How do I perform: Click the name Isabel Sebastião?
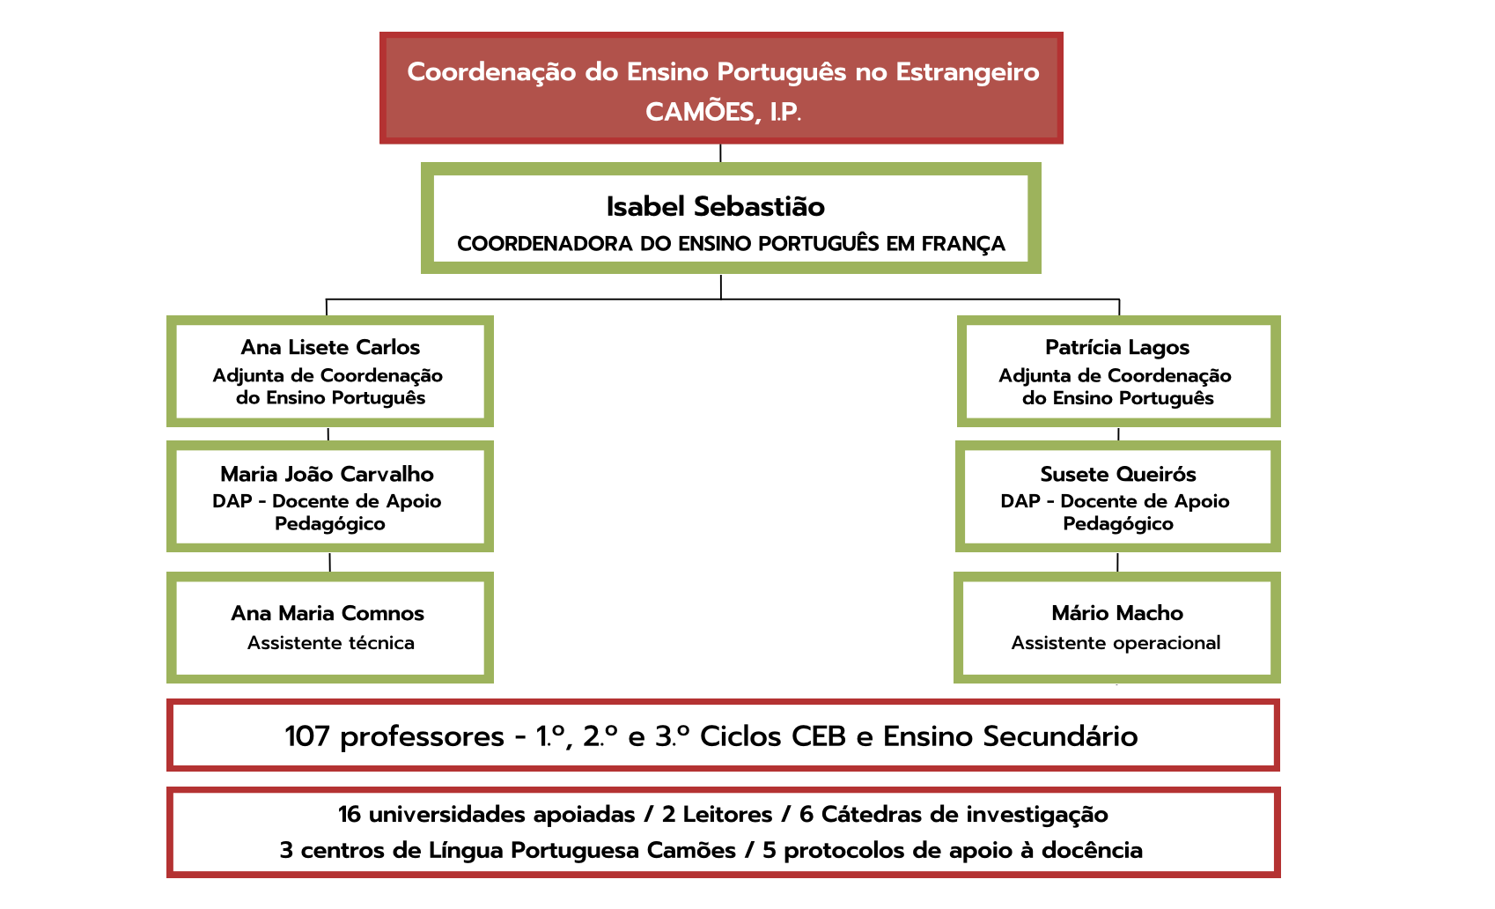tap(716, 206)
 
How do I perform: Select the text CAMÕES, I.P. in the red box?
tap(723, 112)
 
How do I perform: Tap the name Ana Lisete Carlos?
tap(330, 347)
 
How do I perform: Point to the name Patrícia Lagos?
tap(1117, 347)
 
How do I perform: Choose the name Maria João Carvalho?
tap(327, 474)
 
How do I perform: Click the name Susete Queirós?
tap(1118, 474)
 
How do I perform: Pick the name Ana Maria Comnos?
tap(328, 613)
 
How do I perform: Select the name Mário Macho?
tap(1117, 613)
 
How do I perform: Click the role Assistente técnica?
tap(331, 642)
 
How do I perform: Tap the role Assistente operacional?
tap(1116, 642)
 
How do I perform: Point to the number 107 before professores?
tap(307, 736)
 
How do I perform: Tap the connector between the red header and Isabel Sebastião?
tap(721, 153)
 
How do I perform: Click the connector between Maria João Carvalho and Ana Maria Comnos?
tap(329, 562)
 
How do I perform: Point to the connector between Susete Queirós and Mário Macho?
tap(1118, 562)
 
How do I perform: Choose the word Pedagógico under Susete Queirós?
tap(1118, 523)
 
